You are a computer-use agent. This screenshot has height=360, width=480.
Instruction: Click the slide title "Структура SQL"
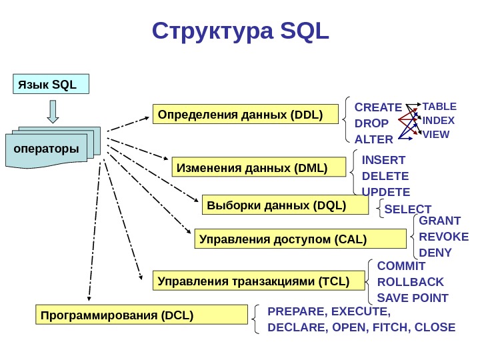point(241,31)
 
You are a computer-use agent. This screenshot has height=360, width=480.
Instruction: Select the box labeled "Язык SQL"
point(51,85)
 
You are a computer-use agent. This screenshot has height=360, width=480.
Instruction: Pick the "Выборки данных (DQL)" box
point(285,205)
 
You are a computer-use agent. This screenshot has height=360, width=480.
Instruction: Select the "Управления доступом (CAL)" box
point(300,238)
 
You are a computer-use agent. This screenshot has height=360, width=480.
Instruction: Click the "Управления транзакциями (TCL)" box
point(260,281)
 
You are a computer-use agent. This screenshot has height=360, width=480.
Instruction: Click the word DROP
point(371,123)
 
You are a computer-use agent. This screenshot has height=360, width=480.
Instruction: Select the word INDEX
point(439,121)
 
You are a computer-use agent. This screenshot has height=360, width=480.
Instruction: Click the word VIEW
point(436,134)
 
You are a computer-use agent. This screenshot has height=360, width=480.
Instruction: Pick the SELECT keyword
point(408,209)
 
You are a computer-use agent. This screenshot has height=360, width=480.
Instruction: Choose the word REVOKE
point(444,236)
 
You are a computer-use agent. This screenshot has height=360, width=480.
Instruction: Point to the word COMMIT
point(401,265)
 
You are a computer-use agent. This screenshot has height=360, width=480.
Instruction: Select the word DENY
point(436,253)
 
